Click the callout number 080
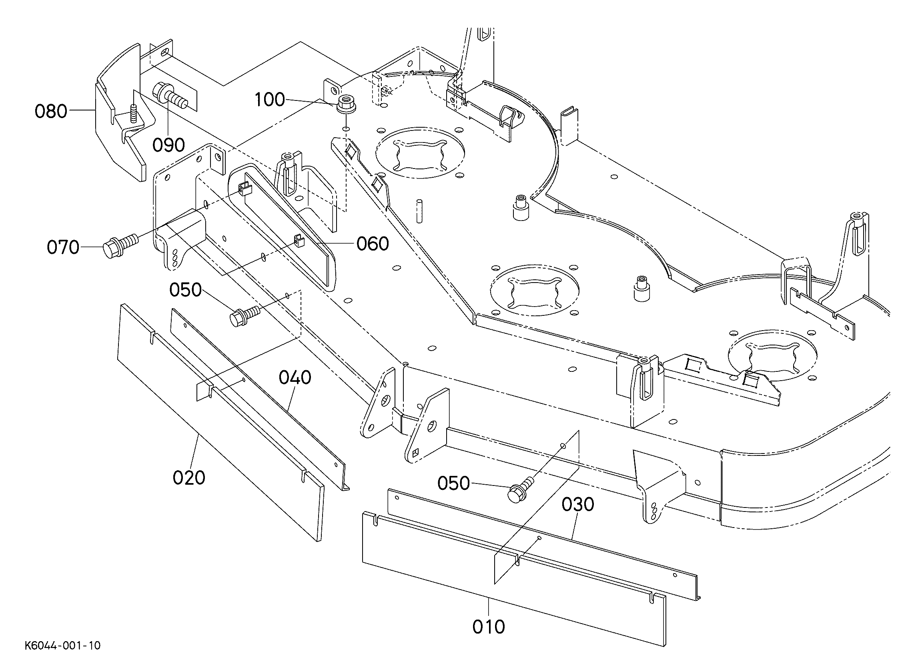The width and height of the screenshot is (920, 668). click(x=51, y=111)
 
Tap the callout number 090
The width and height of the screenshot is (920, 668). click(x=169, y=145)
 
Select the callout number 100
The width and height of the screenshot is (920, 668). click(x=270, y=99)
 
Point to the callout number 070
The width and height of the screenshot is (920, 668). click(x=63, y=247)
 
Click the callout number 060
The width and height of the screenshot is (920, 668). click(x=373, y=244)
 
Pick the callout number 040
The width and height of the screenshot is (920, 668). click(x=295, y=377)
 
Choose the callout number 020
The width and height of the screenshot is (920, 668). click(x=189, y=477)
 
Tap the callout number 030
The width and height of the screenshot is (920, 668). click(x=578, y=504)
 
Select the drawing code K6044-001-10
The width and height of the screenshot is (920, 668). click(x=62, y=646)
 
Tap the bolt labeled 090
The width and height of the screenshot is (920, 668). click(x=170, y=97)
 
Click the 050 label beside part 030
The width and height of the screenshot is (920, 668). click(x=453, y=483)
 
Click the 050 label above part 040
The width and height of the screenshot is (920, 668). click(x=185, y=290)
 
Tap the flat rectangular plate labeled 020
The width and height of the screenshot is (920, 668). click(x=221, y=422)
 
